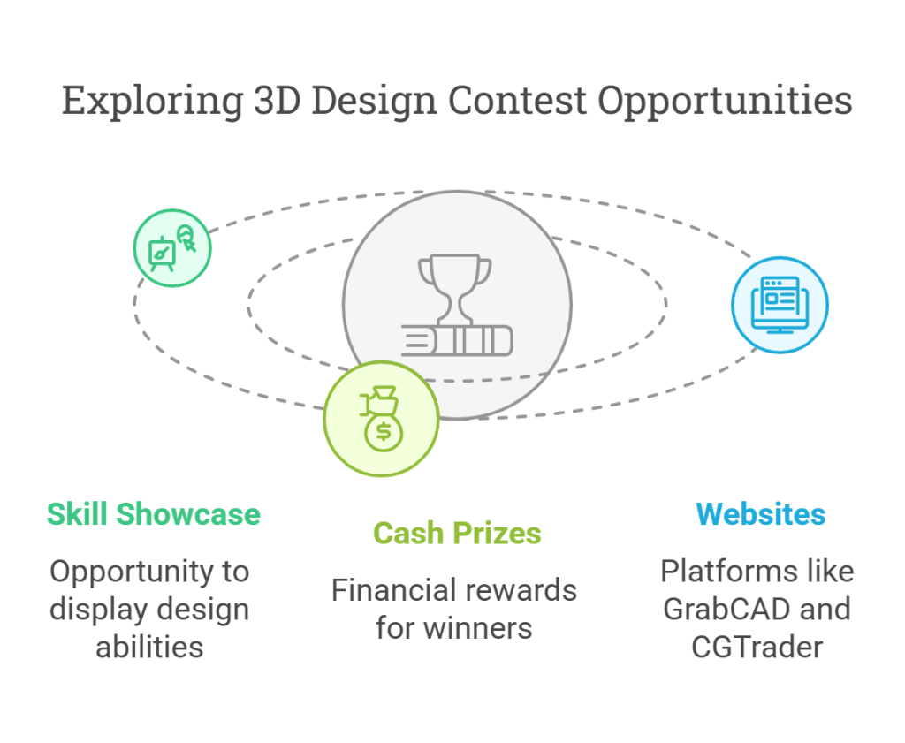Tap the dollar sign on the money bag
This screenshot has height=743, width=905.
(384, 431)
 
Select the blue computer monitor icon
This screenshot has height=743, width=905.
(780, 305)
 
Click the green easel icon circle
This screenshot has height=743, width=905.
(172, 248)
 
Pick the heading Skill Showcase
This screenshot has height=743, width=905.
(154, 514)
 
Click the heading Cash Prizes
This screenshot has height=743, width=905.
(457, 533)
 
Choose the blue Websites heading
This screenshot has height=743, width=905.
(761, 514)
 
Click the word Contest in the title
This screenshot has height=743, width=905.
(517, 101)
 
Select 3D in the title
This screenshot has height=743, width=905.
(278, 101)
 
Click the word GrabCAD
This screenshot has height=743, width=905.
(726, 610)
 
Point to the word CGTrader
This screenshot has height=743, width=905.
(757, 648)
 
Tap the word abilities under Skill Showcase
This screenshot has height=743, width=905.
(149, 648)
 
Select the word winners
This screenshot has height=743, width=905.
(477, 628)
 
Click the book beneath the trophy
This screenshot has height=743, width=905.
(457, 340)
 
